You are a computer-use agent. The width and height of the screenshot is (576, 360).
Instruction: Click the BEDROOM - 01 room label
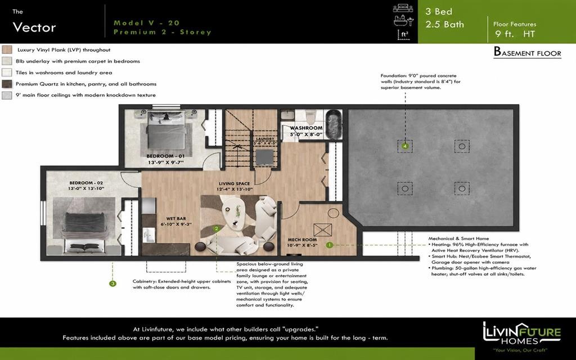pyautogui.click(x=165, y=156)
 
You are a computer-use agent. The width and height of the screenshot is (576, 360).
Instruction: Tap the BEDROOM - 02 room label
pyautogui.click(x=86, y=183)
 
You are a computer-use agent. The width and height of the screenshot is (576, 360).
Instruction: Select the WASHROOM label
pyautogui.click(x=307, y=128)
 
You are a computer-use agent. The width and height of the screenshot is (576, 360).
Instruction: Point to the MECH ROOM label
pyautogui.click(x=302, y=240)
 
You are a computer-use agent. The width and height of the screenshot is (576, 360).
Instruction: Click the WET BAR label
pyautogui.click(x=176, y=219)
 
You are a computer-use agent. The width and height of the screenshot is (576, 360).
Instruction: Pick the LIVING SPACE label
pyautogui.click(x=235, y=184)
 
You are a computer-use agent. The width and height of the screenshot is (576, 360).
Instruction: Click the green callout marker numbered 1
pyautogui.click(x=330, y=245)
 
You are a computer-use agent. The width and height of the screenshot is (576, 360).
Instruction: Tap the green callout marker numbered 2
pyautogui.click(x=217, y=228)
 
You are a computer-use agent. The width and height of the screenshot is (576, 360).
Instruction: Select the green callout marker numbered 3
pyautogui.click(x=112, y=283)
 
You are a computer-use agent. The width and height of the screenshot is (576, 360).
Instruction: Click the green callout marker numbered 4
pyautogui.click(x=405, y=146)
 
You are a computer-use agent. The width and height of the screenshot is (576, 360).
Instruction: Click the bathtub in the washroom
pyautogui.click(x=334, y=124)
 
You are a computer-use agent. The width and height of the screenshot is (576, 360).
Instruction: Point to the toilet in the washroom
pyautogui.click(x=310, y=117)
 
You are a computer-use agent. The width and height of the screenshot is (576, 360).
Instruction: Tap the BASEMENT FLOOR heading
pyautogui.click(x=528, y=52)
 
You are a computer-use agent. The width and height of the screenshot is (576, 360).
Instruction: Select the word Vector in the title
pyautogui.click(x=34, y=27)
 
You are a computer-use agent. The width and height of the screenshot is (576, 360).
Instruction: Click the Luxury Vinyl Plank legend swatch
pyautogui.click(x=7, y=49)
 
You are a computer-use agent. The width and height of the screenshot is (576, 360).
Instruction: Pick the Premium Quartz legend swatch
pyautogui.click(x=7, y=84)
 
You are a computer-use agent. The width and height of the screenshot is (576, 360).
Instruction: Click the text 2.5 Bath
pyautogui.click(x=444, y=25)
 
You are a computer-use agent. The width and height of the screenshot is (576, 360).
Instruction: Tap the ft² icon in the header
pyautogui.click(x=403, y=34)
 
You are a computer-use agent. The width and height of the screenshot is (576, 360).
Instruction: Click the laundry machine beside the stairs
pyautogui.click(x=264, y=157)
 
